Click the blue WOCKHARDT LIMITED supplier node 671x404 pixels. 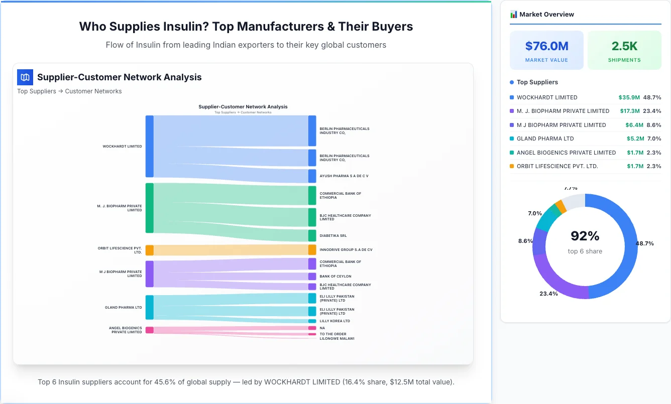click(149, 146)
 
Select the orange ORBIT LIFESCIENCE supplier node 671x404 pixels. click(149, 250)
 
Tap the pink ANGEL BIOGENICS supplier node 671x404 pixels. click(149, 330)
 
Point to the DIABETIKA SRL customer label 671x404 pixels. click(333, 235)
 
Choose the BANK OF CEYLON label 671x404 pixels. click(335, 277)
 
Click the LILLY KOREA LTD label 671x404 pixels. click(334, 321)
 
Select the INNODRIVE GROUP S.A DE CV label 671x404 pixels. click(346, 249)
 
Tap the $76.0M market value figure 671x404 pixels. click(546, 46)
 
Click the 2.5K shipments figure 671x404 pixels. click(624, 46)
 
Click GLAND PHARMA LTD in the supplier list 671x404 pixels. click(545, 139)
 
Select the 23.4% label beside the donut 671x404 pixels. click(548, 294)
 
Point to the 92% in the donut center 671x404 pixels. click(585, 236)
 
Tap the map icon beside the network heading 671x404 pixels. click(25, 77)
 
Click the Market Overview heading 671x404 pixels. click(546, 15)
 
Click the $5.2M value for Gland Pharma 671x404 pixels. click(635, 139)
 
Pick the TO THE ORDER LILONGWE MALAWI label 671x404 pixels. click(337, 336)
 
